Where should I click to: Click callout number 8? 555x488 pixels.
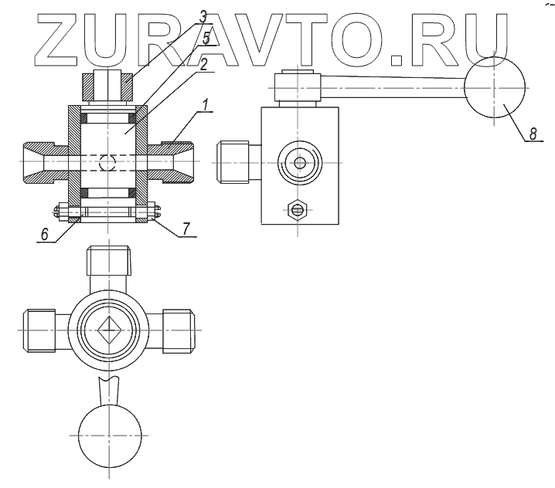click(530, 133)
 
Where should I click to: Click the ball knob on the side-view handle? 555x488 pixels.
click(495, 87)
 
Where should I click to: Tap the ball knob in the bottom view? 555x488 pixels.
click(111, 435)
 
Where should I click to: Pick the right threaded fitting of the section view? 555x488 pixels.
click(175, 163)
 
